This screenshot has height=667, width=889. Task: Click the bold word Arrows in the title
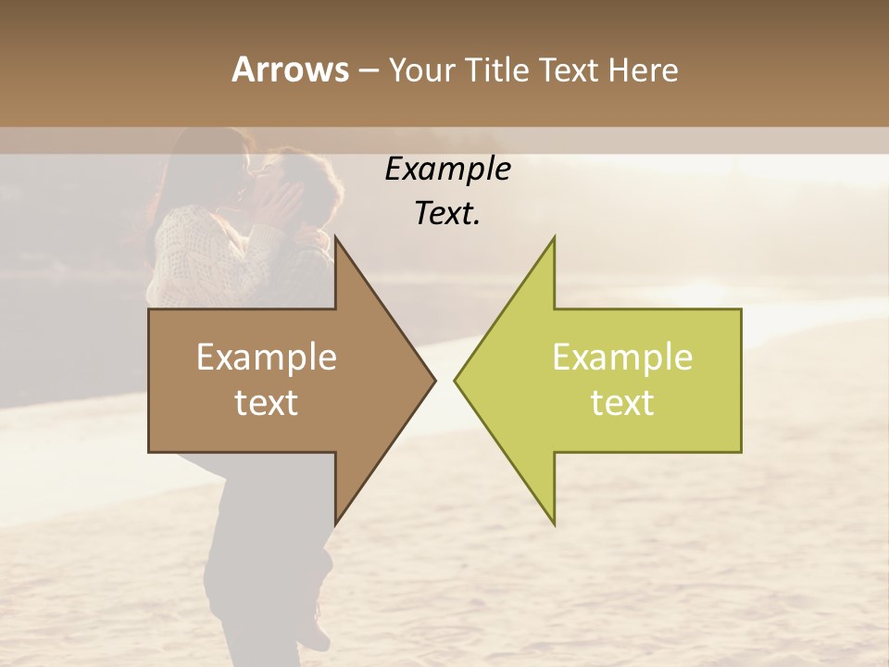pyautogui.click(x=290, y=69)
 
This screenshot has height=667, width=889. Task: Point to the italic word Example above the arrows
pyautogui.click(x=447, y=169)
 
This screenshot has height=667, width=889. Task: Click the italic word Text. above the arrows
pyautogui.click(x=447, y=213)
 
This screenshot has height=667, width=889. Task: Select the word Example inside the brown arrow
pyautogui.click(x=266, y=358)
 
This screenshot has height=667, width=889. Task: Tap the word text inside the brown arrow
pyautogui.click(x=266, y=403)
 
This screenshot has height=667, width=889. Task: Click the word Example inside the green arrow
pyautogui.click(x=622, y=358)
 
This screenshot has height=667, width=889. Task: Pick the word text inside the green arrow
pyautogui.click(x=622, y=403)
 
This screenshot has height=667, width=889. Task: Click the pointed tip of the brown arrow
pyautogui.click(x=434, y=380)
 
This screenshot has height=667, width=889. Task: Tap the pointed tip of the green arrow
pyautogui.click(x=455, y=380)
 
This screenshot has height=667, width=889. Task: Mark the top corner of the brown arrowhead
pyautogui.click(x=335, y=237)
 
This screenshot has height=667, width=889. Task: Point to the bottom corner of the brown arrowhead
pyautogui.click(x=335, y=524)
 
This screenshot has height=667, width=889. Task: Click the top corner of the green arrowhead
pyautogui.click(x=554, y=237)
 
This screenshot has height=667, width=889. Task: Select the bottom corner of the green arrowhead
pyautogui.click(x=554, y=524)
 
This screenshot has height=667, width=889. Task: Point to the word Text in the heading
pyautogui.click(x=569, y=70)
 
